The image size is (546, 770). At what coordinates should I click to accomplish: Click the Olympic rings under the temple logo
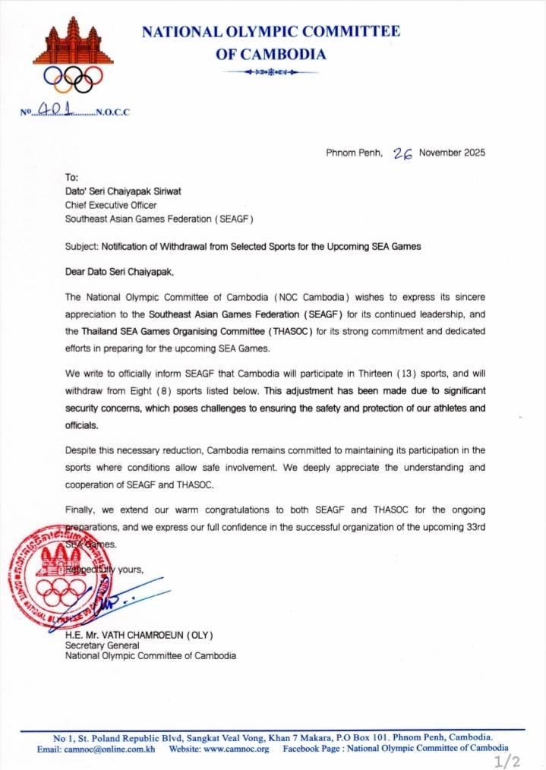(x=73, y=77)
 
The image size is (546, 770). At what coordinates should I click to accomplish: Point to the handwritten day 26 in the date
(x=402, y=152)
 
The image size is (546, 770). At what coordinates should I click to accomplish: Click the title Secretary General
(x=101, y=645)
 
